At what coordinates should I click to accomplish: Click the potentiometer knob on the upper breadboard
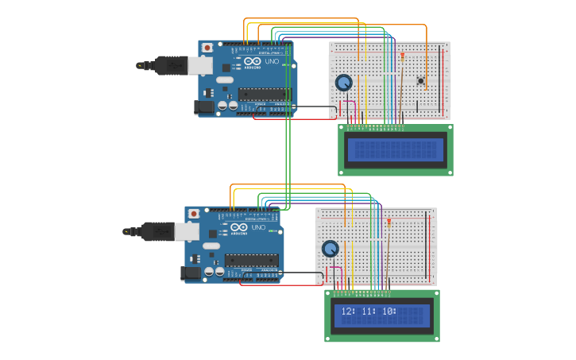(x=343, y=83)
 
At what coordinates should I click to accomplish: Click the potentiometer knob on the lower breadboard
(x=330, y=249)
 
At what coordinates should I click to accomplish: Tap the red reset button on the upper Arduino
(x=207, y=48)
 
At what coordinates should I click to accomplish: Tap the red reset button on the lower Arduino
(x=194, y=214)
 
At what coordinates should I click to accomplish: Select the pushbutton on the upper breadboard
(x=420, y=80)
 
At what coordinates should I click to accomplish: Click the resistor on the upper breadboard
(x=403, y=57)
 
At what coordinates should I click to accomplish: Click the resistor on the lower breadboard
(x=389, y=224)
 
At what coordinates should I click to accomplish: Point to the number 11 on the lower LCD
(x=368, y=312)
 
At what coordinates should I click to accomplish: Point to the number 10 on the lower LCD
(x=388, y=312)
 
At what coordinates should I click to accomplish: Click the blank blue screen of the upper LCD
(x=395, y=149)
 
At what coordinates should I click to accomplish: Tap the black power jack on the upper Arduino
(x=204, y=106)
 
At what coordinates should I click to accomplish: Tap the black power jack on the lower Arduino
(x=191, y=273)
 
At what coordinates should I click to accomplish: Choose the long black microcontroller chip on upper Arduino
(x=264, y=94)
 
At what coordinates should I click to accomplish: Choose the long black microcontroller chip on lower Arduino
(x=251, y=260)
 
